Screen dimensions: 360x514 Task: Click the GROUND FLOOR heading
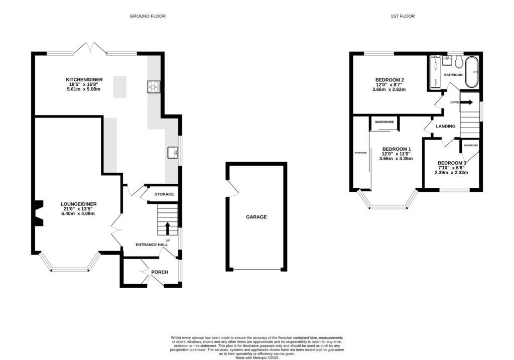pos(148,16)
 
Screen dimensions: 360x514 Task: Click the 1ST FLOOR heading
pos(403,16)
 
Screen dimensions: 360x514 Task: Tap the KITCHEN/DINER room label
pos(85,80)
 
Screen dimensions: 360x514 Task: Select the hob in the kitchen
pos(154,87)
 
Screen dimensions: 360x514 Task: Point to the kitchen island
pos(120,87)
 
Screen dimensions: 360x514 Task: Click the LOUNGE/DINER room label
pos(78,204)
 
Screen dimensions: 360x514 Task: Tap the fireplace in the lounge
pos(39,212)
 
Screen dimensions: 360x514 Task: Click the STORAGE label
pos(164,194)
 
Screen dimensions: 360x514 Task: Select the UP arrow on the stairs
pos(168,228)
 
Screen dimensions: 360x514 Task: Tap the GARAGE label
pos(256,217)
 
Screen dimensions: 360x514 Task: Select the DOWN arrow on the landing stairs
pos(466,102)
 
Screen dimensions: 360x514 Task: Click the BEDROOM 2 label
pos(390,80)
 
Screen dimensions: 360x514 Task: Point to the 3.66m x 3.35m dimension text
pos(396,159)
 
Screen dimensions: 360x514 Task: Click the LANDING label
pos(446,126)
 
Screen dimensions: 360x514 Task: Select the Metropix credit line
pos(257,357)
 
